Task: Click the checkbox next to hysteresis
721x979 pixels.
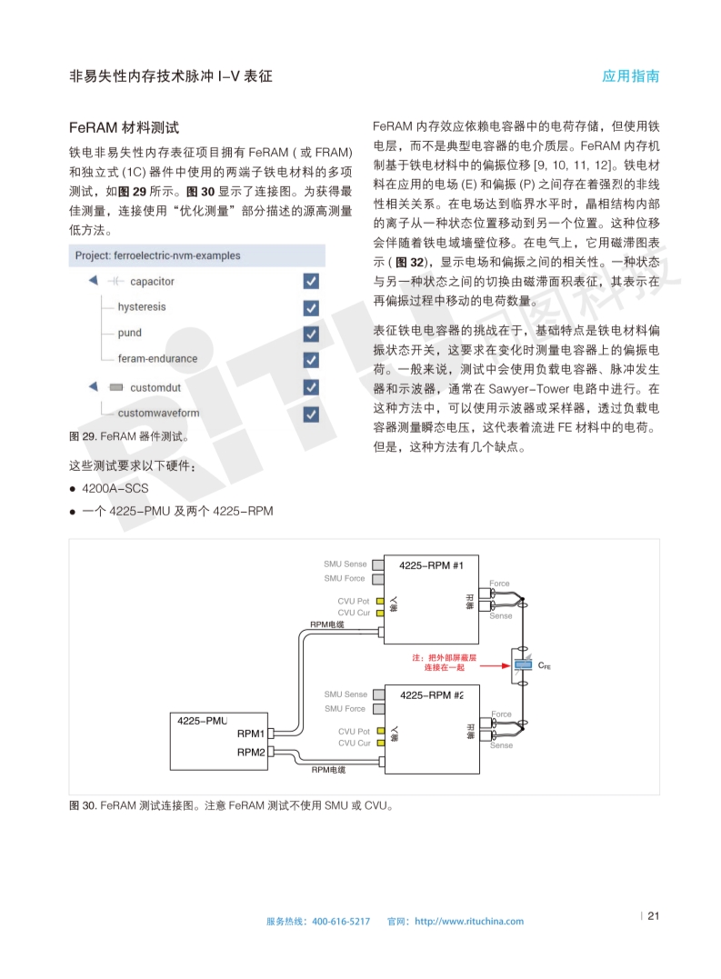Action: coord(311,307)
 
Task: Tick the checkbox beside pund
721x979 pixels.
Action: coord(311,334)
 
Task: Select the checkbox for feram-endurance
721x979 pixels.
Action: coord(311,359)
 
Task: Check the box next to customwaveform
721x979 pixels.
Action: coord(311,414)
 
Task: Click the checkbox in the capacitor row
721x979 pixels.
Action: coord(311,282)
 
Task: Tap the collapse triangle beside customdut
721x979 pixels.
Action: coord(93,387)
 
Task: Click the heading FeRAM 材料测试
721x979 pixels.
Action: coord(124,127)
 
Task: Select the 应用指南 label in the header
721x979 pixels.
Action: coord(630,76)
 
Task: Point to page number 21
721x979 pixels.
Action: coord(652,916)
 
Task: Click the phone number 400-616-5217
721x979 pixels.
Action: coord(341,922)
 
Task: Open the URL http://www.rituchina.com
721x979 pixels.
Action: coord(468,922)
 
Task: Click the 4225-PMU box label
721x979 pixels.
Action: coord(202,720)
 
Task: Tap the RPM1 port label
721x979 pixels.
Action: coord(251,734)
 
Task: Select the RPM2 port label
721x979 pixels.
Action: coord(251,753)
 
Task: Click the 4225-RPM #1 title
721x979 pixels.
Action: coord(432,565)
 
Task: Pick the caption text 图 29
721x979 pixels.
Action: coord(83,436)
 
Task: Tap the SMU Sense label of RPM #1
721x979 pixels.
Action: coord(345,564)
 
